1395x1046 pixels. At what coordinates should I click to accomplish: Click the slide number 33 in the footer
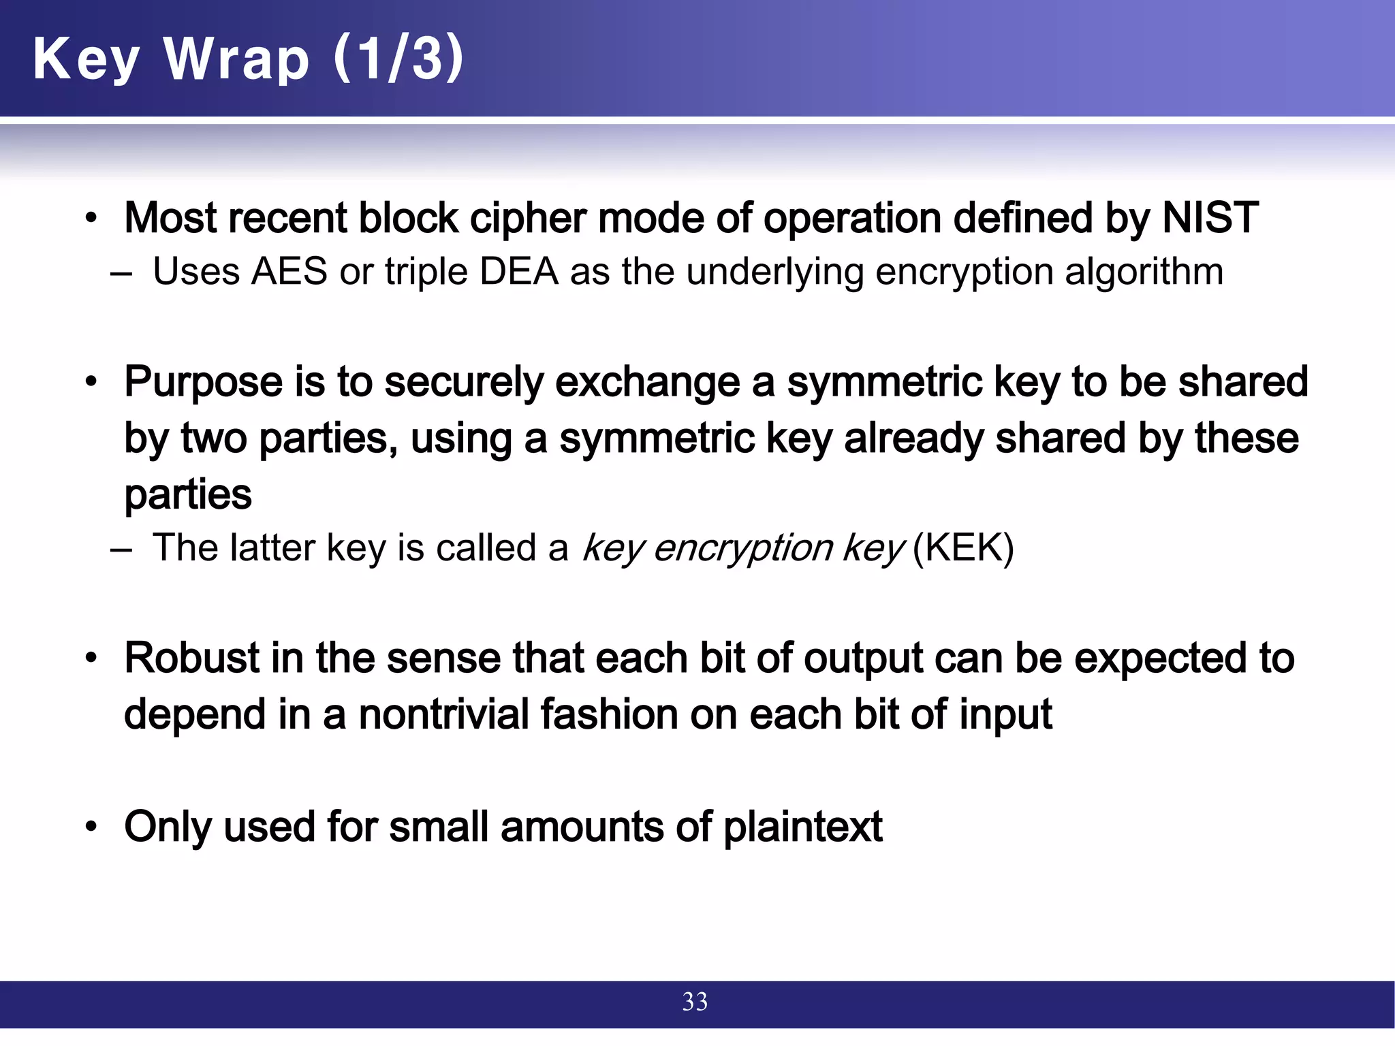click(695, 1002)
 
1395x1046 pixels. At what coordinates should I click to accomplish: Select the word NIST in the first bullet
click(1210, 218)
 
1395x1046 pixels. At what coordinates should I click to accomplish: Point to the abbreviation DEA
click(519, 272)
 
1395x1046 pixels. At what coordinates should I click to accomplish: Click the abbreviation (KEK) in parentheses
click(963, 548)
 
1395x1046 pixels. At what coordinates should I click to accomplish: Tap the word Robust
click(192, 658)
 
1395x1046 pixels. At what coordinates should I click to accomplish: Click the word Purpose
click(203, 382)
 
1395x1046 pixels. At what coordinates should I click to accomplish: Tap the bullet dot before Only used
click(91, 827)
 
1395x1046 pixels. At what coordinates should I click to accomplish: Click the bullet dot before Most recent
click(91, 219)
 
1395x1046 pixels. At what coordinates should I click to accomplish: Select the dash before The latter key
click(121, 549)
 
